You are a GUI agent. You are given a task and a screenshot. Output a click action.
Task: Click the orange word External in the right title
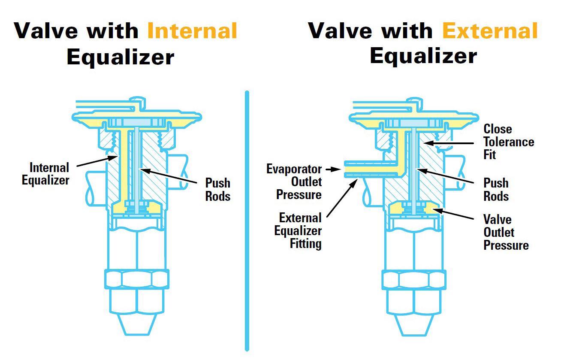pos(489,31)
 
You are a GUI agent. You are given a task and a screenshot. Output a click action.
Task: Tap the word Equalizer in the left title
pos(120,57)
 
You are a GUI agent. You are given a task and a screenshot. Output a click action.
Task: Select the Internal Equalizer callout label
pos(45,173)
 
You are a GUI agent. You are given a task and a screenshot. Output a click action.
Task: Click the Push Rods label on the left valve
pos(218,189)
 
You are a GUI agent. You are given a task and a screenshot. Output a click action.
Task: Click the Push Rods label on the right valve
pos(496,189)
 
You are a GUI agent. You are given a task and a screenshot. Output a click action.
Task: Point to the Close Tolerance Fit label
pos(509,142)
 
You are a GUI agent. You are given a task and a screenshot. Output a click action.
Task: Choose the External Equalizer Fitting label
pos(298,231)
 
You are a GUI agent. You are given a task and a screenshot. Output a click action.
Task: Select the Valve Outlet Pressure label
pos(506,232)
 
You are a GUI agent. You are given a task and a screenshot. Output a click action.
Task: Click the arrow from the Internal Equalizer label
pos(98,162)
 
